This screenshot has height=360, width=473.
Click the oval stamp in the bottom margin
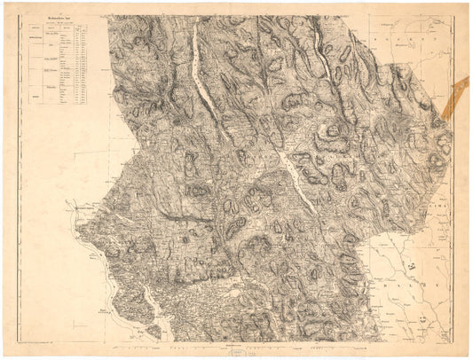pyautogui.click(x=240, y=352)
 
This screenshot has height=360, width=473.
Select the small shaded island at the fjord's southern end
pyautogui.click(x=154, y=331)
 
